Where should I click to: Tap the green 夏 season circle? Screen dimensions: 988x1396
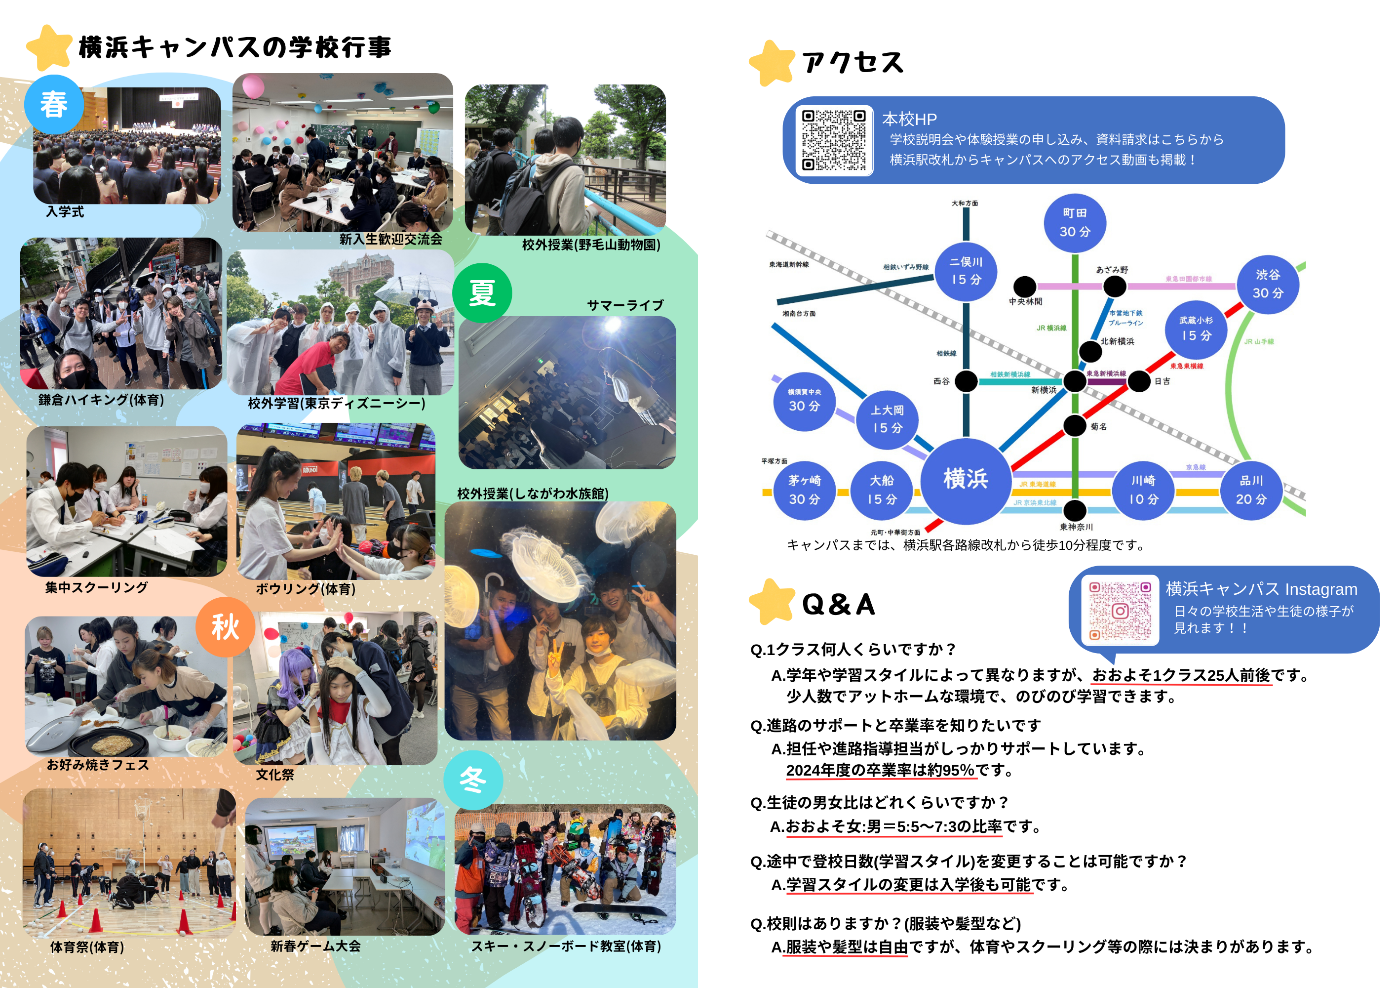point(482,292)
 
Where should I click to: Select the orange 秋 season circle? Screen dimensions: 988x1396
point(225,626)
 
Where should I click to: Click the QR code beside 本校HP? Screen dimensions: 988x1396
point(834,140)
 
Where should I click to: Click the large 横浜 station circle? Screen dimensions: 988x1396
point(966,480)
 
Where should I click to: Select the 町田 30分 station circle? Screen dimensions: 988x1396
point(1074,223)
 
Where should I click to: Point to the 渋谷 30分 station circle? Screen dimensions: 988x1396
point(1268,284)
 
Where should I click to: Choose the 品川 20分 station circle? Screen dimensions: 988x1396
point(1251,491)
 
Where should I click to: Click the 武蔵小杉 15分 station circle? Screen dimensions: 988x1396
point(1196,329)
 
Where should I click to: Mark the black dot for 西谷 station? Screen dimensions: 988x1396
point(966,381)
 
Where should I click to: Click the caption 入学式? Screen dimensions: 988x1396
point(65,212)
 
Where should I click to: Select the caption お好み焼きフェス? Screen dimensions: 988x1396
point(98,765)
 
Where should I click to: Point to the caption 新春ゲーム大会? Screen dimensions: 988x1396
point(315,946)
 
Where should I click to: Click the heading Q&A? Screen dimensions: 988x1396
point(839,605)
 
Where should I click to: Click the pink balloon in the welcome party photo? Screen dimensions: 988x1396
point(252,86)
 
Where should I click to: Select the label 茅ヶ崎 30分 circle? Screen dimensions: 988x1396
point(805,491)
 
